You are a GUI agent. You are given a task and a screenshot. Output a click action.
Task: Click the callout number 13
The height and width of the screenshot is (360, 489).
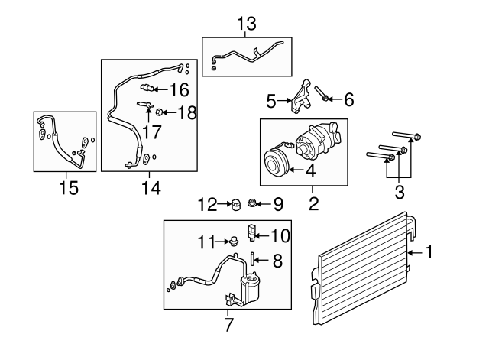pos(246,24)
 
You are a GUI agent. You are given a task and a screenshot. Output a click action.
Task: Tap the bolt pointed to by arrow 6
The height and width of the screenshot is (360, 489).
pos(321,93)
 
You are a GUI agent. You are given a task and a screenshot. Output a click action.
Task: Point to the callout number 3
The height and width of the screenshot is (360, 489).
pos(400,192)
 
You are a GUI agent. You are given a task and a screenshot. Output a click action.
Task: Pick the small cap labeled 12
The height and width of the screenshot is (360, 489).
pos(237,205)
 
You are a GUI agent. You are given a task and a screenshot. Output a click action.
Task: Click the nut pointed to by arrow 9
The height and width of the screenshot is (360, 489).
pos(252,204)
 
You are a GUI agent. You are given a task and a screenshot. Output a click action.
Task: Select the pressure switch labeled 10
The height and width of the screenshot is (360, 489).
pos(251,232)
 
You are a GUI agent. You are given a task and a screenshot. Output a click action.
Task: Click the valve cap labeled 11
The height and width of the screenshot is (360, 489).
pos(233,241)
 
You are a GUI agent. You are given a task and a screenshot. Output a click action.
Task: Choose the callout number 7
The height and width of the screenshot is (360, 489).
pos(228,325)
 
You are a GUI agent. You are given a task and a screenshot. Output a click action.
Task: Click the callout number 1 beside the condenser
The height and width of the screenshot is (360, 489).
pos(429,251)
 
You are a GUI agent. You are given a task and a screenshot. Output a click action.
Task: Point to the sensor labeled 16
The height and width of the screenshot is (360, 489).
pos(147,89)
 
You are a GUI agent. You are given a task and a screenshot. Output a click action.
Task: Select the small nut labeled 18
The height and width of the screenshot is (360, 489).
pos(159,112)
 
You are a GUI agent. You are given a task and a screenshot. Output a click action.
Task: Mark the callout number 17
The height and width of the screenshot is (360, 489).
pos(151,132)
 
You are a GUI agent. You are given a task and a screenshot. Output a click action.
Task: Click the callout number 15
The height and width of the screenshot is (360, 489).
pos(69,188)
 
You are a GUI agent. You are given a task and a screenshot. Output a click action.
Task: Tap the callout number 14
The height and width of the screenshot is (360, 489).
pos(151,188)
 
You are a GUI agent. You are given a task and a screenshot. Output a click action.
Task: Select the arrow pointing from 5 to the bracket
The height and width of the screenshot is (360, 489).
pos(284,100)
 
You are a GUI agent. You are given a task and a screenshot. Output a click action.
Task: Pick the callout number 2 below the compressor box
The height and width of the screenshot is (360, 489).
pos(313,203)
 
